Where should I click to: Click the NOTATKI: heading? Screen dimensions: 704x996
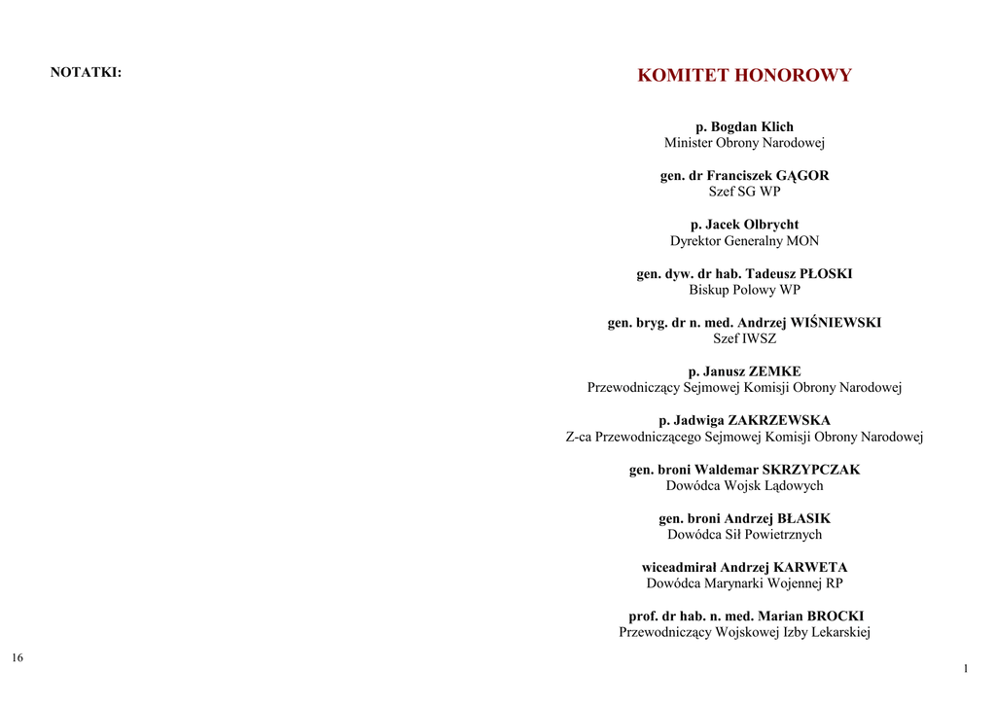pyautogui.click(x=86, y=72)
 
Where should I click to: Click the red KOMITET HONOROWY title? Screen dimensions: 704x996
pyautogui.click(x=744, y=76)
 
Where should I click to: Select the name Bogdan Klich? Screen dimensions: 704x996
pyautogui.click(x=752, y=127)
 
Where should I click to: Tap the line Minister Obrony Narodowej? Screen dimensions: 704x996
pyautogui.click(x=744, y=143)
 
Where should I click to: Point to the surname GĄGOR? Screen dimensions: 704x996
pyautogui.click(x=802, y=176)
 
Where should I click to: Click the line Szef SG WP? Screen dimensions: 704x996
pyautogui.click(x=744, y=192)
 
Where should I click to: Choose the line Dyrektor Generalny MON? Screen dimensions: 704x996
pyautogui.click(x=744, y=241)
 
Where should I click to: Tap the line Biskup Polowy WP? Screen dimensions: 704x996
pyautogui.click(x=744, y=290)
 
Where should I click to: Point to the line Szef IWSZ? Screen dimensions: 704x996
pyautogui.click(x=744, y=339)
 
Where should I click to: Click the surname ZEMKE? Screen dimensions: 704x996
pyautogui.click(x=774, y=371)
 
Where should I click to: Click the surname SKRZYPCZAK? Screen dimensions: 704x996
pyautogui.click(x=811, y=470)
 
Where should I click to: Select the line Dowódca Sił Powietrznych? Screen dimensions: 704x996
pyautogui.click(x=744, y=535)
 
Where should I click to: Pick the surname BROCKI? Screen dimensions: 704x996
pyautogui.click(x=836, y=616)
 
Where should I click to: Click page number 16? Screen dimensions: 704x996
pyautogui.click(x=18, y=658)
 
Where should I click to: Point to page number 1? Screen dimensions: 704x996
pyautogui.click(x=966, y=669)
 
